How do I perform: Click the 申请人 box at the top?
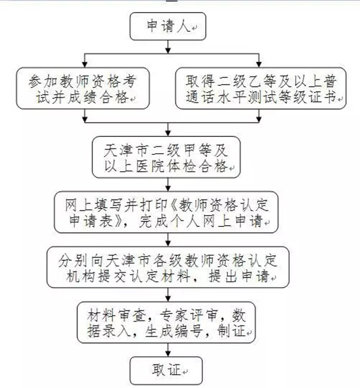pos(168,26)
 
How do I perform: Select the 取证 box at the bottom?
pos(166,370)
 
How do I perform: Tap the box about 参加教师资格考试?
pos(83,88)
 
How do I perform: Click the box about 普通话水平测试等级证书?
pos(260,88)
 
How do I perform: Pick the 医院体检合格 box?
pos(166,157)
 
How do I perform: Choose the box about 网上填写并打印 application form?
pos(166,212)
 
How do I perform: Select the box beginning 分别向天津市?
pos(168,267)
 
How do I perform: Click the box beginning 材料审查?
pos(166,322)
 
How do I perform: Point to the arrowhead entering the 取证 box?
pos(168,354)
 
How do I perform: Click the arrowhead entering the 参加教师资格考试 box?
pos(85,65)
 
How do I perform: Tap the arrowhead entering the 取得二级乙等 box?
pos(259,65)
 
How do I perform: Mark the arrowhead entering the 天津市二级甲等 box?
pos(168,133)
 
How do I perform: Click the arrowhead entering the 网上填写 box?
pos(168,189)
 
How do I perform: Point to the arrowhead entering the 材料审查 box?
pos(168,299)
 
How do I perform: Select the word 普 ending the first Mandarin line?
pos(330,81)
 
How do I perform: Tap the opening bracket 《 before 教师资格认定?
pos(175,205)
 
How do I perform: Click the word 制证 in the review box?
pos(231,330)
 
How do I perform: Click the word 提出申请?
pos(238,276)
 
